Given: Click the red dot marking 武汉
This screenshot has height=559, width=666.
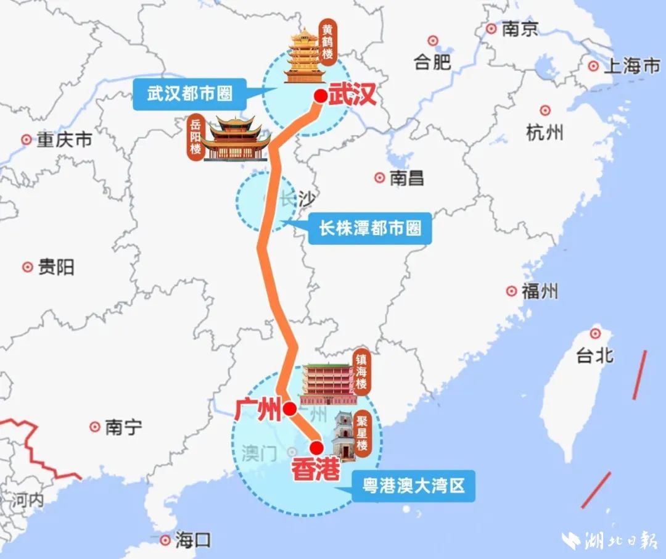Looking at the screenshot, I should pos(321,96).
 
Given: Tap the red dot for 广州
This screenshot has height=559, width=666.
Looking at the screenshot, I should pos(289,408).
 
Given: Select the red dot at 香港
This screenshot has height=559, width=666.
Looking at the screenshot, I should pos(316,448).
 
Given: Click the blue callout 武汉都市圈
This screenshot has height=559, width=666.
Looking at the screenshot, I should pos(190,94).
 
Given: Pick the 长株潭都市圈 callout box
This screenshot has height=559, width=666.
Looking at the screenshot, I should pos(370,229).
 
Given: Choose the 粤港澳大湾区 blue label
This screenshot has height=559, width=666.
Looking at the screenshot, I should pos(414,487).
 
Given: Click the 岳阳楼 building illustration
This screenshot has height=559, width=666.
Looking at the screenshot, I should pos(237,139).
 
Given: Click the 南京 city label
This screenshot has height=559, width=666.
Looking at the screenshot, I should pos(520,29).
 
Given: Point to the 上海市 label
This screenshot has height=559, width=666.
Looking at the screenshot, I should pos(631,67).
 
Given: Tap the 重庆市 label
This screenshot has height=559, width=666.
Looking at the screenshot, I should pos(64,140).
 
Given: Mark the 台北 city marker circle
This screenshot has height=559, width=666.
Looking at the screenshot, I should pos(595,334).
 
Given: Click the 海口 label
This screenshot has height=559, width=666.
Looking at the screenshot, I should pos(192,541).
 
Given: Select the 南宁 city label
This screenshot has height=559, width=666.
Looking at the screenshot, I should pos(123,426).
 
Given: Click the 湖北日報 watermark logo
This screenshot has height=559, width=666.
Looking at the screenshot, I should pos(610,540).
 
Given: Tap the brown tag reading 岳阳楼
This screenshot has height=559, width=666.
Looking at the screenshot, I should pos(195,139).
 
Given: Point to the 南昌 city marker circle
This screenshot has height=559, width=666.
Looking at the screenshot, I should pos(380,178).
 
